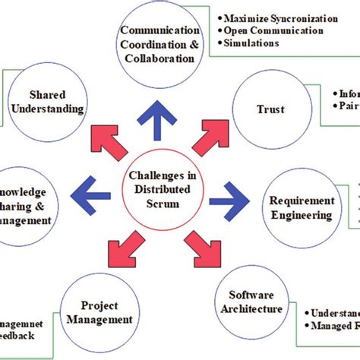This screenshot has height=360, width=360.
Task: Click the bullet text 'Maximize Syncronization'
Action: pyautogui.click(x=277, y=17)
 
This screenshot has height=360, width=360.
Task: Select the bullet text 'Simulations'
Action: pyautogui.click(x=251, y=43)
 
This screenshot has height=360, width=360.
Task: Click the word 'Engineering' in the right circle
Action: pyautogui.click(x=302, y=214)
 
